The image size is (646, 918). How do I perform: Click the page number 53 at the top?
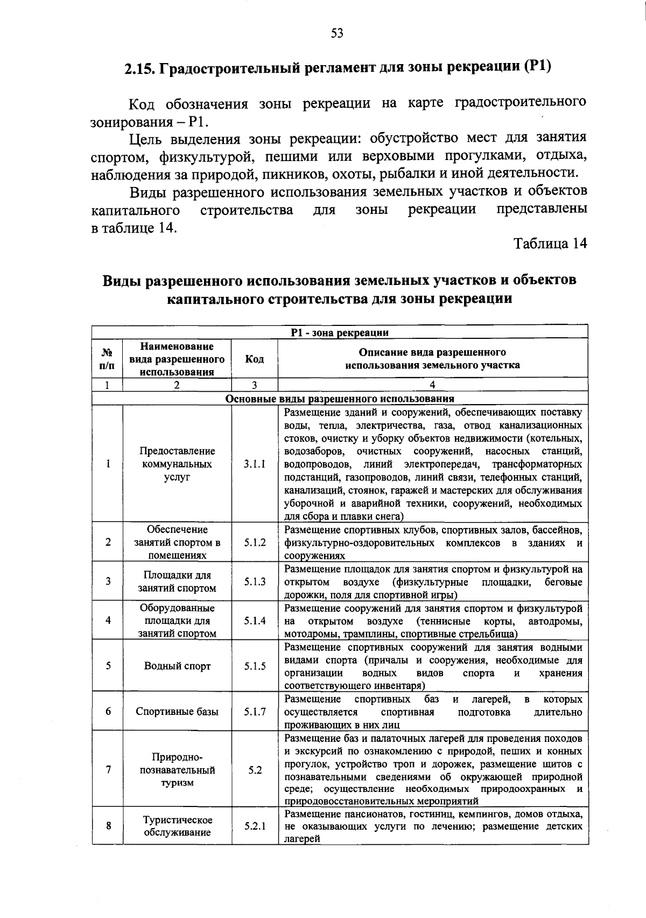coord(337,33)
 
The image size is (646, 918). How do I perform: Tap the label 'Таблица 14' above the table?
coord(549,244)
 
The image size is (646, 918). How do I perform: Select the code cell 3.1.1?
coord(255,464)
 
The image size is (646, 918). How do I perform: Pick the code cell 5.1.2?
coord(255,543)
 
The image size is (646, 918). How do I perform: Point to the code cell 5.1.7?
coord(255,712)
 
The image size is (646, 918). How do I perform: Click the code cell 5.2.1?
coord(255,825)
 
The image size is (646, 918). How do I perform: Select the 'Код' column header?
coord(255,359)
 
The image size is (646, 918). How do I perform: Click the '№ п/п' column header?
coord(108,359)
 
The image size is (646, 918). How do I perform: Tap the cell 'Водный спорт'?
coord(177,666)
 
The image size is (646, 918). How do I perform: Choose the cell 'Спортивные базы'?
coord(177,712)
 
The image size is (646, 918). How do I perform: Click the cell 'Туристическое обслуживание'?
coord(177,826)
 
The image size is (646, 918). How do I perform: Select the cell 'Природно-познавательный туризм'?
coord(177,770)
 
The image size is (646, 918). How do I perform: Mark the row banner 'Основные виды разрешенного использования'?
coord(339,399)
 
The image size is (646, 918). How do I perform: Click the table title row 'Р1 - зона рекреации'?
coord(339,332)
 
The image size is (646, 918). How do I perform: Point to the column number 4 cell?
coord(432,385)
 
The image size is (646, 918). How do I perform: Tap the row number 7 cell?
coord(108,770)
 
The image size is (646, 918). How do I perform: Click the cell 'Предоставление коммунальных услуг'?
coord(177,464)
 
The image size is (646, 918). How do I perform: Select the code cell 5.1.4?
coord(255,621)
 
